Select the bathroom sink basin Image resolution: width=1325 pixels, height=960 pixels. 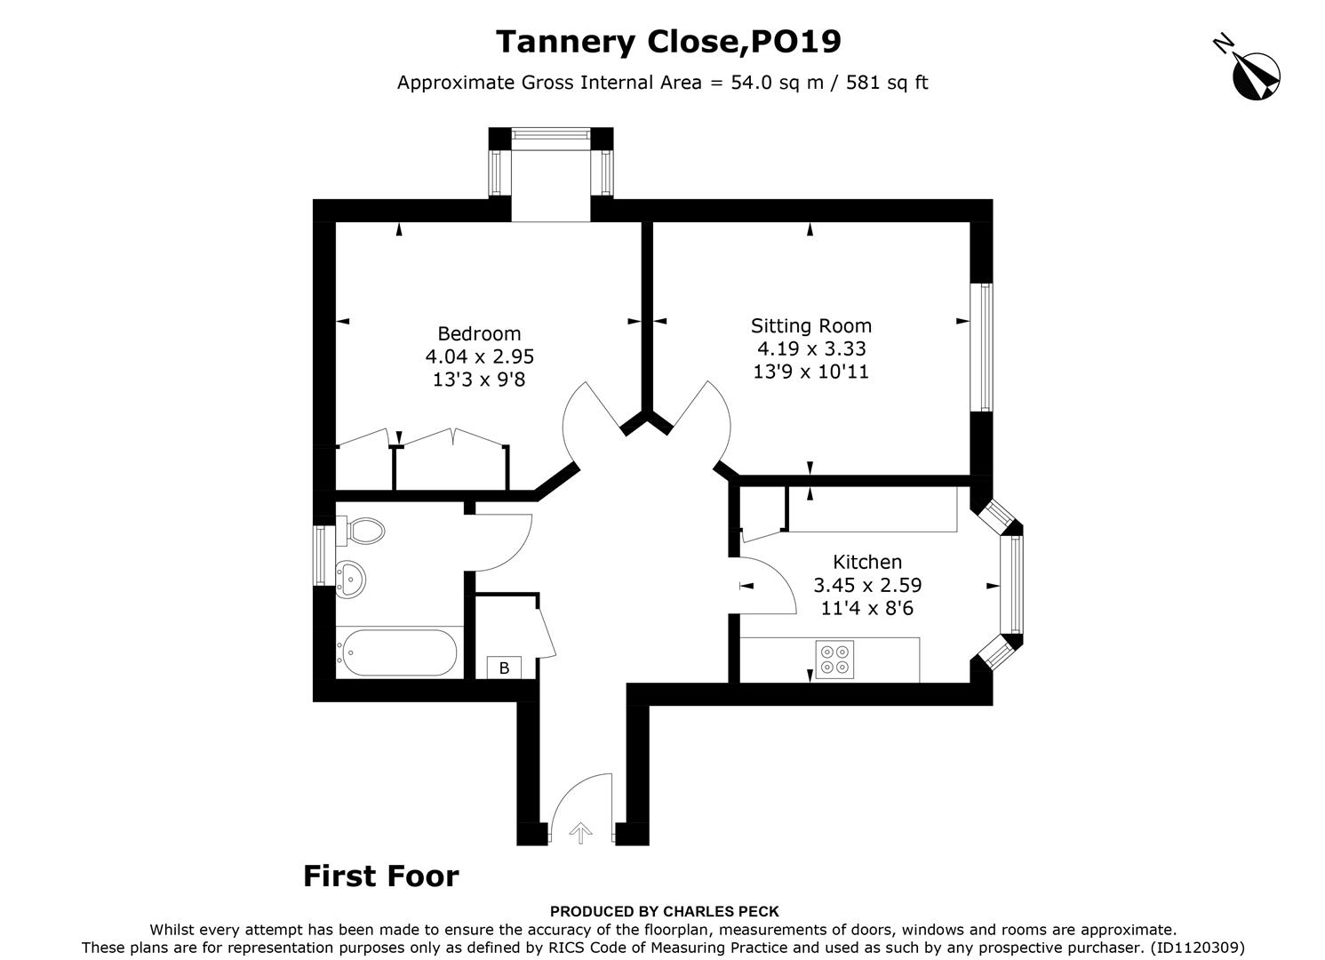(350, 580)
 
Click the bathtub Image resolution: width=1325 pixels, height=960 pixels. (396, 653)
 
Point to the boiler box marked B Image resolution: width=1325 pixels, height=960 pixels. (504, 668)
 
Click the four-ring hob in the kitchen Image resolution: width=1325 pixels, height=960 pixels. (834, 660)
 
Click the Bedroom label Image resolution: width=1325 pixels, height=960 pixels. (479, 333)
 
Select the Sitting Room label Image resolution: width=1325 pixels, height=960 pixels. (810, 325)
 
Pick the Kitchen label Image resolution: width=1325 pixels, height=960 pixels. (866, 562)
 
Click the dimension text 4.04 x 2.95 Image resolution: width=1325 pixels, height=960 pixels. (479, 356)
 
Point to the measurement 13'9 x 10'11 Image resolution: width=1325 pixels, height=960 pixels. (810, 372)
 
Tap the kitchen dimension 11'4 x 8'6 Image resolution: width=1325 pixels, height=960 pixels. (866, 608)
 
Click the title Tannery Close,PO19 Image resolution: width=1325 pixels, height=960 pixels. (667, 42)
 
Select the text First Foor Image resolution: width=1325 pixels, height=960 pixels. (380, 876)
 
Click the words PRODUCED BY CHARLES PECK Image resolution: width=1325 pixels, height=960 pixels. (664, 911)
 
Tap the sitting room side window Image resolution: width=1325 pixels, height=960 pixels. (985, 347)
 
